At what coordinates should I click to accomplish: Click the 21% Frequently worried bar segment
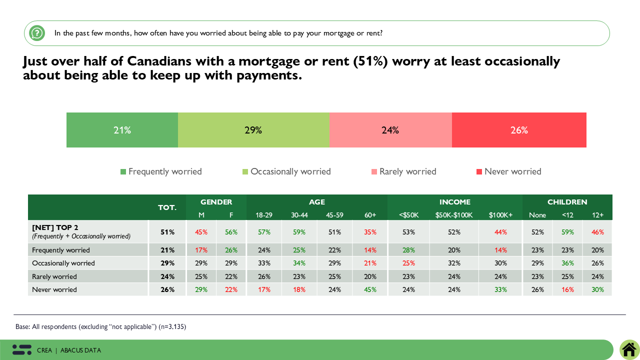coord(122,130)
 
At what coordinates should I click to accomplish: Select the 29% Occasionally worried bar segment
coord(253,130)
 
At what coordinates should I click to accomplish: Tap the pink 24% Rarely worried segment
coord(390,130)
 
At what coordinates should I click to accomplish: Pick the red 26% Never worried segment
coord(519,130)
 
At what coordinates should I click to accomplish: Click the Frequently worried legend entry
coord(161,171)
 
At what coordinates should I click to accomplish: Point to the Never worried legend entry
coord(508,171)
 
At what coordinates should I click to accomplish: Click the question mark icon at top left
coord(37,33)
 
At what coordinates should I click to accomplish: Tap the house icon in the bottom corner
coord(629,349)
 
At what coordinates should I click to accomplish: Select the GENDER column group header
coord(216,202)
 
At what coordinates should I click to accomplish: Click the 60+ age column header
coord(370,215)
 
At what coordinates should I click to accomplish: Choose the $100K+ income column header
coord(500,215)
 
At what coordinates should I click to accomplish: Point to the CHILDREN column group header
coord(567,202)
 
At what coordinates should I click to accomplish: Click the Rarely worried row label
coord(54,276)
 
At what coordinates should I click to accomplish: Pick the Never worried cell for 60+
coord(370,289)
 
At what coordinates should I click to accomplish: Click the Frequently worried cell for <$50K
coord(408,250)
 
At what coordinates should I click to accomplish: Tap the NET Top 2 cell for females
coord(231,232)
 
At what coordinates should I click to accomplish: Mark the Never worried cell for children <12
coord(567,289)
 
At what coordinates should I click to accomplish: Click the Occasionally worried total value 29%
coord(167,263)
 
